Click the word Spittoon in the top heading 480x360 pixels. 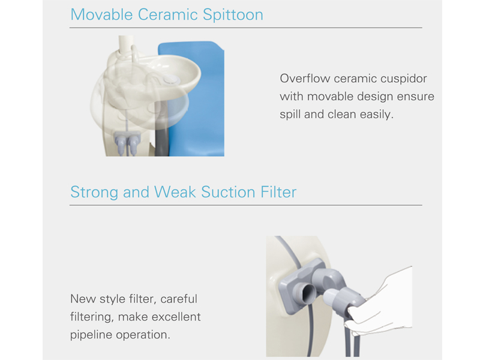233,15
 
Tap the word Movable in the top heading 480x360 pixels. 101,14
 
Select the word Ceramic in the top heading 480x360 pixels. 168,14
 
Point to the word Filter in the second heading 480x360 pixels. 278,192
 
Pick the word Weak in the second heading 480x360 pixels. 175,192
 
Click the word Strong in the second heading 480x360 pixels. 94,193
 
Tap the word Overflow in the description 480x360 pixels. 305,79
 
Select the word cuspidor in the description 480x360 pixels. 403,79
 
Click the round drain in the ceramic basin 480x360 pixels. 172,80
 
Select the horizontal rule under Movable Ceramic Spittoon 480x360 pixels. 246,28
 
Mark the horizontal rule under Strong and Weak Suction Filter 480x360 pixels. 246,205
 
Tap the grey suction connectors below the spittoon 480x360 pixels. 127,142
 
